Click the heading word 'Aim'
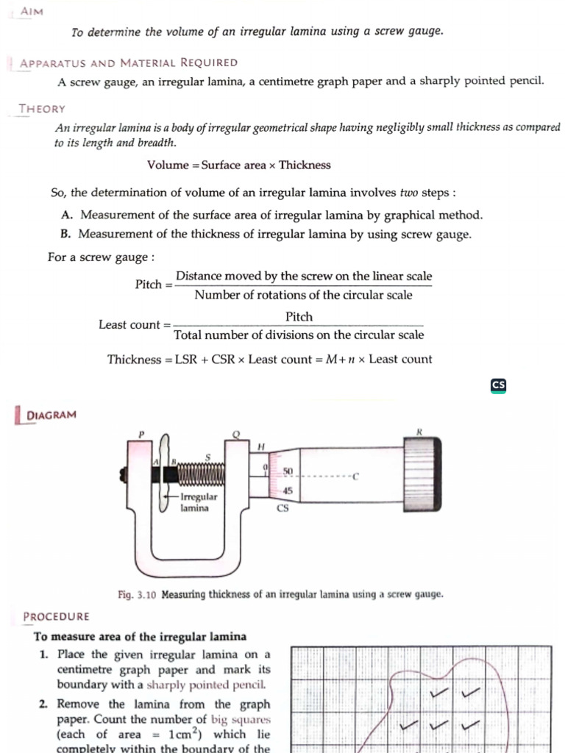point(32,12)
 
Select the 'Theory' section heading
point(42,109)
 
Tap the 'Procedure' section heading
point(56,616)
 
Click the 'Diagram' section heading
point(51,415)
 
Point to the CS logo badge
point(499,385)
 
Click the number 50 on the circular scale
point(288,470)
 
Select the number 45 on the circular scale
point(288,490)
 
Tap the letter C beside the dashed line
point(355,477)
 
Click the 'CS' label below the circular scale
point(282,508)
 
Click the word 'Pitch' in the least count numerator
point(299,317)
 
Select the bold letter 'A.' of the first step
point(67,215)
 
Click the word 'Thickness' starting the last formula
point(133,360)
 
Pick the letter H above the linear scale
point(260,446)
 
